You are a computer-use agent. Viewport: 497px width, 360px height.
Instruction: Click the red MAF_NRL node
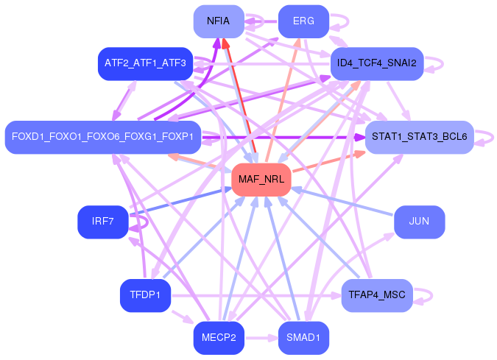(261, 180)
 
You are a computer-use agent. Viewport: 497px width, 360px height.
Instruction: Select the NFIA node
(219, 21)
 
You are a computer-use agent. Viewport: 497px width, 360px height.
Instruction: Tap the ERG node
(303, 21)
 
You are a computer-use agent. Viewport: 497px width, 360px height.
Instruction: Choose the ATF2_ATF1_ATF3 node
(145, 64)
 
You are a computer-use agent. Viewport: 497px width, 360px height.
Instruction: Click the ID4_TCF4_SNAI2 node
(376, 64)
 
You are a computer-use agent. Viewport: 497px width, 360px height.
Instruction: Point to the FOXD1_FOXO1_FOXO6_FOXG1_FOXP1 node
(102, 137)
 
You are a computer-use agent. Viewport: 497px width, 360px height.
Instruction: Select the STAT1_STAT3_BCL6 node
(419, 137)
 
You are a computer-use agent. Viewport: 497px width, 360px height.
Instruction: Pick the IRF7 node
(102, 222)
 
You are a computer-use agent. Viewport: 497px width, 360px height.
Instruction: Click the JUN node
(419, 222)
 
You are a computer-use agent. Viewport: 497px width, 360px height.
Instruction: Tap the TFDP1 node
(145, 296)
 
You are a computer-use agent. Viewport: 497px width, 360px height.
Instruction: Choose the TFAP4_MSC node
(376, 296)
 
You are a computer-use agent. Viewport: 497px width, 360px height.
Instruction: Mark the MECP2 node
(219, 339)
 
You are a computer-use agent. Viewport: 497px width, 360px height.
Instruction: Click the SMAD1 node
(303, 339)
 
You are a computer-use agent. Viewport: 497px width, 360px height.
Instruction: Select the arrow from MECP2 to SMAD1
(261, 339)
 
